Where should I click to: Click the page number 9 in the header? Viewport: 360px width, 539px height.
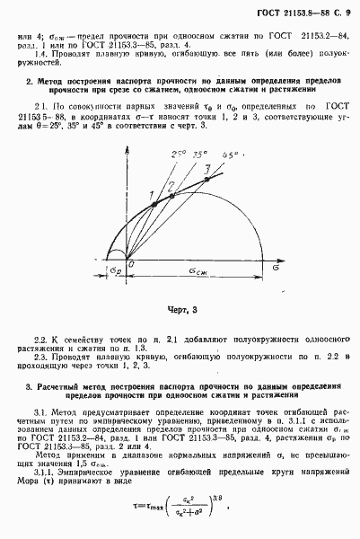pos(346,9)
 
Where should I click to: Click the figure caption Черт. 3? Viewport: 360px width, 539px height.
pos(180,310)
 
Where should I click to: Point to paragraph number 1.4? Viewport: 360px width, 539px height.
pos(37,53)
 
